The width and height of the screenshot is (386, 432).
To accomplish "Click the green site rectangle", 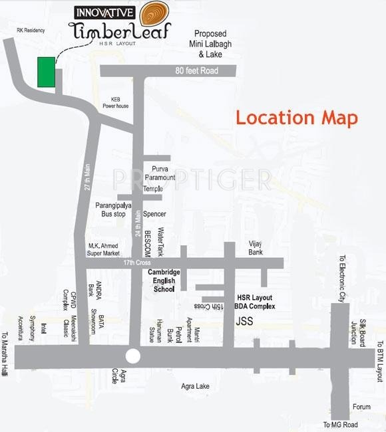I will pos(45,72).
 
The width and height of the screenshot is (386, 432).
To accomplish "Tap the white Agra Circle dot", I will pos(133,356).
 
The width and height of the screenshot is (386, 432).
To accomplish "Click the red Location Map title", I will pos(297,118).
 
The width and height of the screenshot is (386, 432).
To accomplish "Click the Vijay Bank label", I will pos(256,248).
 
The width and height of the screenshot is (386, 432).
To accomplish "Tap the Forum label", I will pos(361,407).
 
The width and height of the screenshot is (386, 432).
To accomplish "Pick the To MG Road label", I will pos(341,425).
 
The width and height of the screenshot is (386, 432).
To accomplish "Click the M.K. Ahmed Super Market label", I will pos(104,249).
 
